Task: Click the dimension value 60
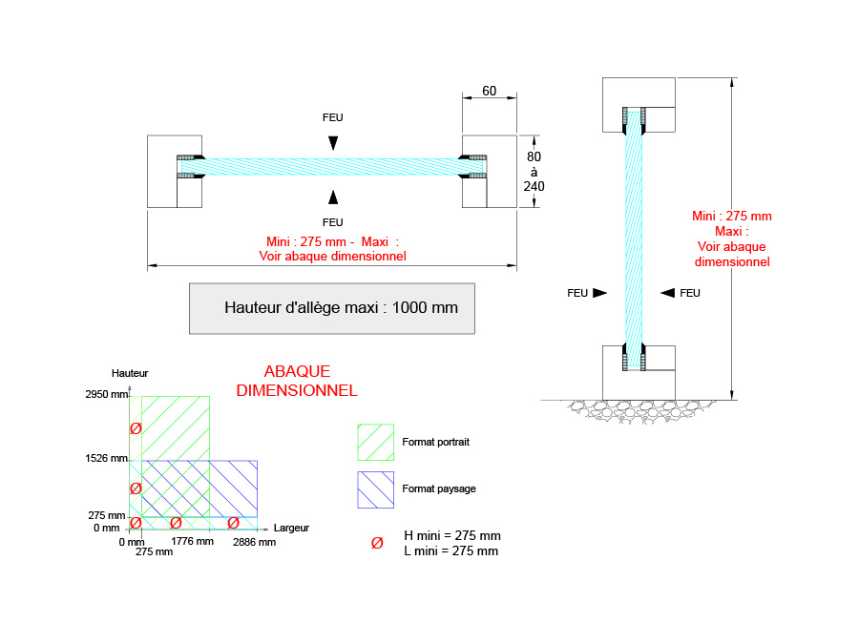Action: (x=489, y=91)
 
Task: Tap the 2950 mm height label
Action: (x=105, y=393)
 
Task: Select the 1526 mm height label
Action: (x=105, y=458)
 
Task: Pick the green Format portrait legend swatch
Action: (x=375, y=442)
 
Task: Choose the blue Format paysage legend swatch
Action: (x=375, y=489)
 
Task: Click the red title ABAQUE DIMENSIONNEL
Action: (x=297, y=381)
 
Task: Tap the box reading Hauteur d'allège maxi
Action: (x=331, y=308)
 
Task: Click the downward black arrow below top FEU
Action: (x=332, y=142)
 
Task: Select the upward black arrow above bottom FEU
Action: (x=332, y=197)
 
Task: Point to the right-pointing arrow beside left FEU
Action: (x=599, y=293)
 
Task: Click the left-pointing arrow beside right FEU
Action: (x=668, y=293)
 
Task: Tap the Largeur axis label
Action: (x=291, y=527)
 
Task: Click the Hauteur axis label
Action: (x=130, y=372)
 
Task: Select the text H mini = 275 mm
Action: (x=452, y=535)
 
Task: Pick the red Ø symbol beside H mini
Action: (x=377, y=543)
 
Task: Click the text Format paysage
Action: (x=439, y=488)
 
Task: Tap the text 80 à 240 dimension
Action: (x=534, y=171)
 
